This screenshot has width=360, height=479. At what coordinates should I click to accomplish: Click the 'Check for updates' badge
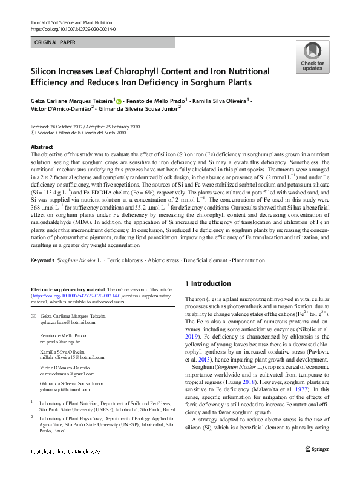click(312, 58)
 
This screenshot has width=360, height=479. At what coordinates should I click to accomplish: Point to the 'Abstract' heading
click(42, 147)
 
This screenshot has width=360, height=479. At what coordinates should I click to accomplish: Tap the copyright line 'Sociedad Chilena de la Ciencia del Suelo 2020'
click(80, 132)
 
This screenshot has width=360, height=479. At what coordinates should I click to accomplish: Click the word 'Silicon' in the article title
click(46, 71)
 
